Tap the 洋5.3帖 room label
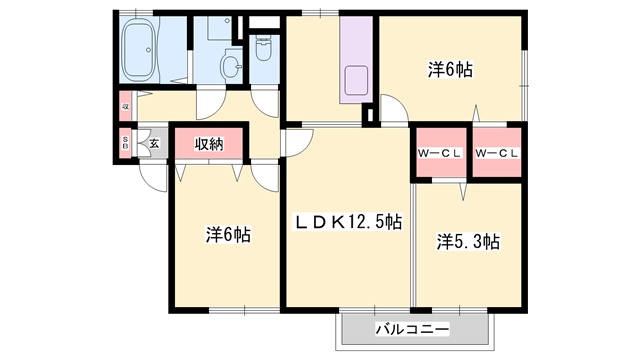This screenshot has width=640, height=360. [468, 241]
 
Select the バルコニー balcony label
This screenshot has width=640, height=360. [412, 328]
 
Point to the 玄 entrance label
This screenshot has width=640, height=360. [154, 143]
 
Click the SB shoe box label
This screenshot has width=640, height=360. [126, 143]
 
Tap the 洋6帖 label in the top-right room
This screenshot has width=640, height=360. [450, 70]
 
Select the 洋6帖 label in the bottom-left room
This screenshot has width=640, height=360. [228, 236]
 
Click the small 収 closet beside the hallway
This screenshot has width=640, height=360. [126, 104]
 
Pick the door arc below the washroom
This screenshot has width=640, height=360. [212, 101]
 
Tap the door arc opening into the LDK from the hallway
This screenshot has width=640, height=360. [295, 142]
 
